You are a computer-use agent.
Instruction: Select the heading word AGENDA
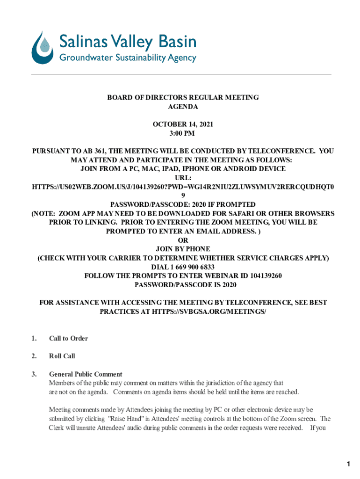183,107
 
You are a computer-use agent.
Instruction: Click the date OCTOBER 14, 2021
183,124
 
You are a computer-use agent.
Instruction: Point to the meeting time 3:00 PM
183,133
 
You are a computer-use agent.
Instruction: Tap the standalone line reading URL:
183,178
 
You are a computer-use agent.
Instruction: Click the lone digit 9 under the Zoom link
183,196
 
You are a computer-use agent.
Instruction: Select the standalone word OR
183,240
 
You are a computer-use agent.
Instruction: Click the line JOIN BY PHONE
183,249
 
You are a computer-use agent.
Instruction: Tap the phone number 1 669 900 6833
192,267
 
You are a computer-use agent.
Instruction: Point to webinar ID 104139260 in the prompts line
261,276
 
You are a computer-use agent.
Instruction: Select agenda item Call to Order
68,338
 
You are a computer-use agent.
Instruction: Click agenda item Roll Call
62,356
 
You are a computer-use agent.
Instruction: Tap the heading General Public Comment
86,374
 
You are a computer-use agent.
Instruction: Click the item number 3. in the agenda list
34,374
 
